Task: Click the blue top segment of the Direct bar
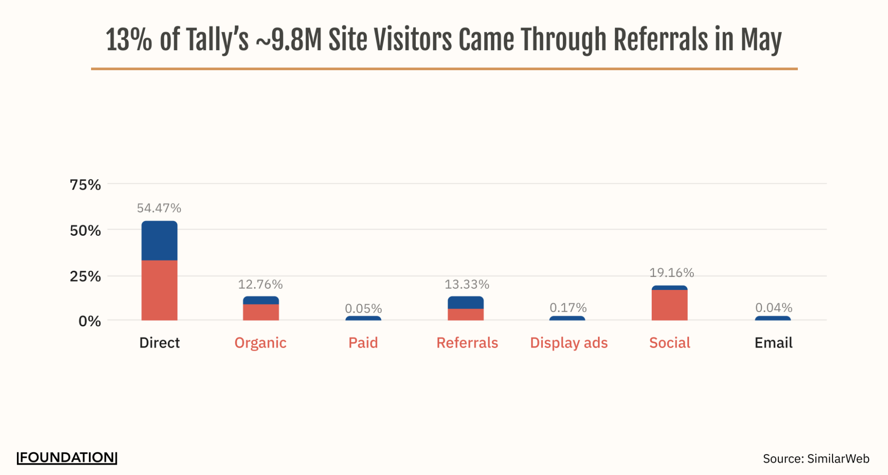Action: pos(159,240)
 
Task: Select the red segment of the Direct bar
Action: pos(159,290)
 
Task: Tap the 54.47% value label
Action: pos(159,208)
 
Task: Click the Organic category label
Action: pos(260,343)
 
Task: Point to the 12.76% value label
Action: pos(260,284)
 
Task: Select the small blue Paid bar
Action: pos(363,318)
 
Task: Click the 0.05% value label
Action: pos(363,308)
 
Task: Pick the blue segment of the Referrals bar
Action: pos(465,302)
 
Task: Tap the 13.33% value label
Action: pos(467,284)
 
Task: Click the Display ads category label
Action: pos(569,343)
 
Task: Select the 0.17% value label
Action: pos(568,307)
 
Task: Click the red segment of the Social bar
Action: pos(669,305)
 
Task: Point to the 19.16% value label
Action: pos(671,272)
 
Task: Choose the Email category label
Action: pos(773,343)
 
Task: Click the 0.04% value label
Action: pos(773,307)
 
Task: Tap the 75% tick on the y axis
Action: pos(85,185)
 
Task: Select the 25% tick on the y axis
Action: pos(85,276)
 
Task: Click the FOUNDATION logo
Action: pos(67,458)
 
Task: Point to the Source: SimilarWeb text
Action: pos(816,459)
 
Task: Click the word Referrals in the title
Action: pos(660,40)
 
